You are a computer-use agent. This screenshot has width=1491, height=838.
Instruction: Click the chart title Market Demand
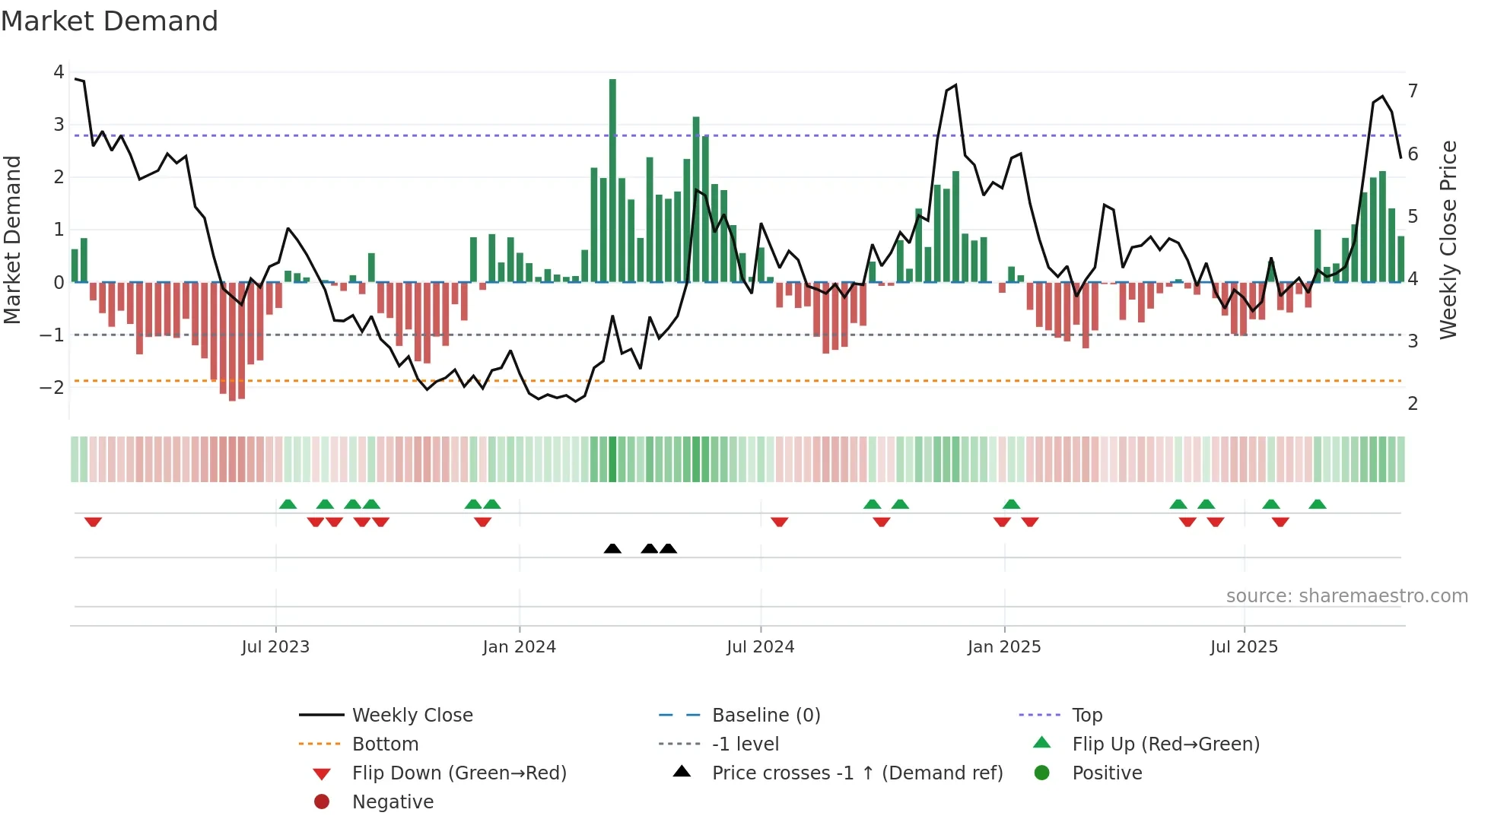[110, 21]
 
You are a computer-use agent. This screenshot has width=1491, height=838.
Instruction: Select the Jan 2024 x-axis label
[519, 647]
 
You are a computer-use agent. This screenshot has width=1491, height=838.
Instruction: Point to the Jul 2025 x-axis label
[1244, 647]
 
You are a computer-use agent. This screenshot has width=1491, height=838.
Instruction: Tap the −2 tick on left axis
[52, 387]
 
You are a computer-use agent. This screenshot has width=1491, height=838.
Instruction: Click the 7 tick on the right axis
[1413, 91]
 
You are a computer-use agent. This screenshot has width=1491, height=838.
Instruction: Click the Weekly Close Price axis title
[1448, 240]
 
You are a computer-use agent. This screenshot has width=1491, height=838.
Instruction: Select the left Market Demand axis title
[13, 240]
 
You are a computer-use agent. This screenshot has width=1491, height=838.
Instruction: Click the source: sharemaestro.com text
[1346, 596]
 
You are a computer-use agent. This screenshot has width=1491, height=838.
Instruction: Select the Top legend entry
[1087, 716]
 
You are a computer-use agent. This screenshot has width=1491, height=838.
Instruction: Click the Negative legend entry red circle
[322, 802]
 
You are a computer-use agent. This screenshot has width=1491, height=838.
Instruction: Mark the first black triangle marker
[612, 548]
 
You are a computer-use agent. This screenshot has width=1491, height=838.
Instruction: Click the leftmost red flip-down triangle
[93, 522]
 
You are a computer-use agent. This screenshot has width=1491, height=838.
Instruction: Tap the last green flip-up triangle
[1318, 504]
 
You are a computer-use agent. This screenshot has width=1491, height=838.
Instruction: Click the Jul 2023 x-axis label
[275, 647]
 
